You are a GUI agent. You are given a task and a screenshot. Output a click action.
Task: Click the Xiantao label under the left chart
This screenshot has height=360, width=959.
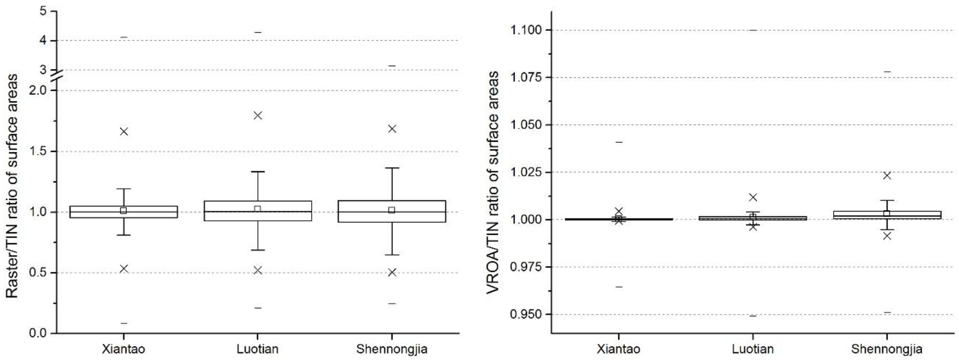[x=123, y=349]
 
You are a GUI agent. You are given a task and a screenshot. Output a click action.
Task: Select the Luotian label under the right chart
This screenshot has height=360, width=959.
[x=753, y=349]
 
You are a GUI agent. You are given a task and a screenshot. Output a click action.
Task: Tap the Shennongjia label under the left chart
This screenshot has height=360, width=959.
[x=392, y=349]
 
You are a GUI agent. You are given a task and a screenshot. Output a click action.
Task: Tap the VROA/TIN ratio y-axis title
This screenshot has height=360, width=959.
[x=493, y=183]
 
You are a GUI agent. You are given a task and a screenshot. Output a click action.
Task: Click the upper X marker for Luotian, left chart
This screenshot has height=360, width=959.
[x=258, y=115]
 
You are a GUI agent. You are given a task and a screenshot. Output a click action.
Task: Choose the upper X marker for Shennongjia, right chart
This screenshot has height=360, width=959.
[x=887, y=175]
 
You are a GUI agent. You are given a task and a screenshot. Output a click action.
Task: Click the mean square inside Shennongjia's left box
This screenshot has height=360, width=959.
[x=392, y=210]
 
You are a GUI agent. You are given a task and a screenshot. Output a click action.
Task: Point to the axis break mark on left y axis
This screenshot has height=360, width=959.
[x=57, y=76]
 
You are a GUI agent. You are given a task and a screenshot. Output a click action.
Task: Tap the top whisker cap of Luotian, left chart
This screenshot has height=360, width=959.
[x=258, y=172]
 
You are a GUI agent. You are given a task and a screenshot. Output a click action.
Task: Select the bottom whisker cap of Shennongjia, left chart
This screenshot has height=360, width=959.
[x=392, y=255]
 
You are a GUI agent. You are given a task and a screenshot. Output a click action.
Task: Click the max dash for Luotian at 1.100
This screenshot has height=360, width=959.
[x=753, y=30]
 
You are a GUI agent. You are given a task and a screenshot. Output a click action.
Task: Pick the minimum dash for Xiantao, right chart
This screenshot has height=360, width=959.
[x=619, y=287]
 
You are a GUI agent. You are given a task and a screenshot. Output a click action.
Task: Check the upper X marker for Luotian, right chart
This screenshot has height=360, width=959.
[x=753, y=197]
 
